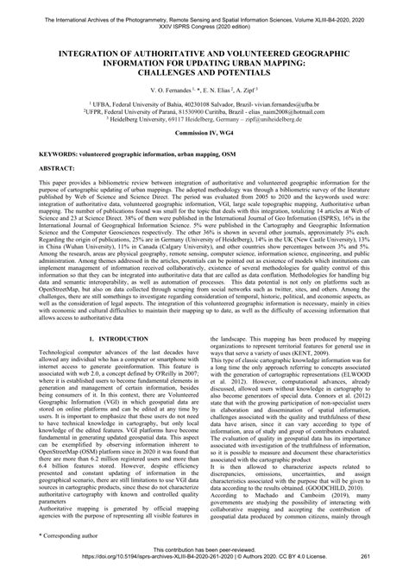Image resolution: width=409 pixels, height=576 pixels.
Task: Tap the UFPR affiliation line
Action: (204, 112)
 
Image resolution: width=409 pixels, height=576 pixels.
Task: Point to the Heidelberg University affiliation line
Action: (204, 121)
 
